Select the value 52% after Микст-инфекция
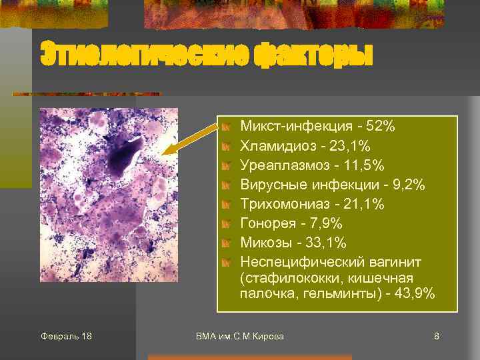click(382, 126)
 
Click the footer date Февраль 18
click(66, 336)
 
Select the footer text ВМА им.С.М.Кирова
click(240, 336)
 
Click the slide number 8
click(436, 336)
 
